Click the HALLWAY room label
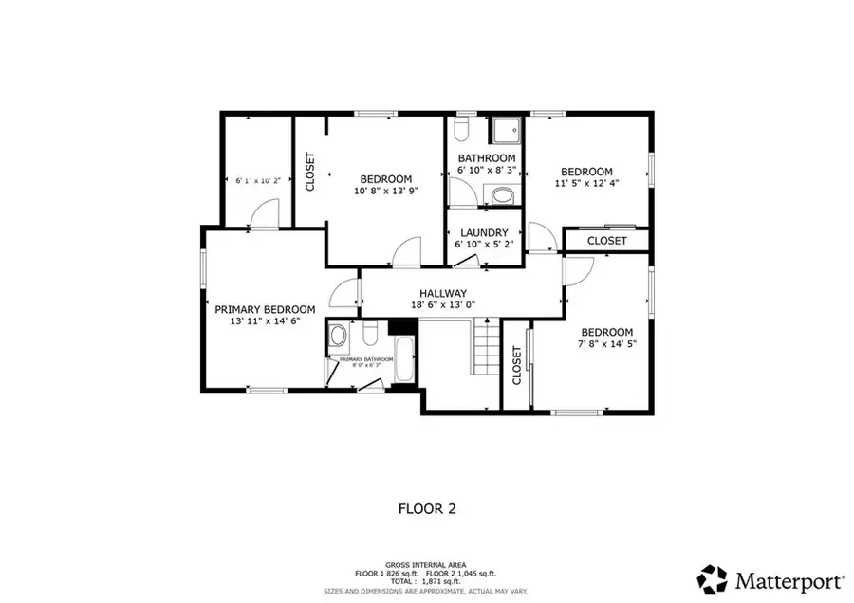pyautogui.click(x=442, y=293)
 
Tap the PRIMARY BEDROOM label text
pyautogui.click(x=265, y=309)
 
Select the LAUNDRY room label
pyautogui.click(x=484, y=232)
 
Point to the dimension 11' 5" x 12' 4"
pyautogui.click(x=586, y=184)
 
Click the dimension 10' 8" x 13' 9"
pyautogui.click(x=385, y=191)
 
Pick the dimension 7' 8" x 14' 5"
pyautogui.click(x=606, y=344)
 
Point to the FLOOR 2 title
pyautogui.click(x=426, y=509)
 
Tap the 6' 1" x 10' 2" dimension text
pyautogui.click(x=258, y=180)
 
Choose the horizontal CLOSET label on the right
pyautogui.click(x=606, y=241)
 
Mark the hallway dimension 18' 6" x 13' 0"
pyautogui.click(x=442, y=305)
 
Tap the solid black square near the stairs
pyautogui.click(x=403, y=326)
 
